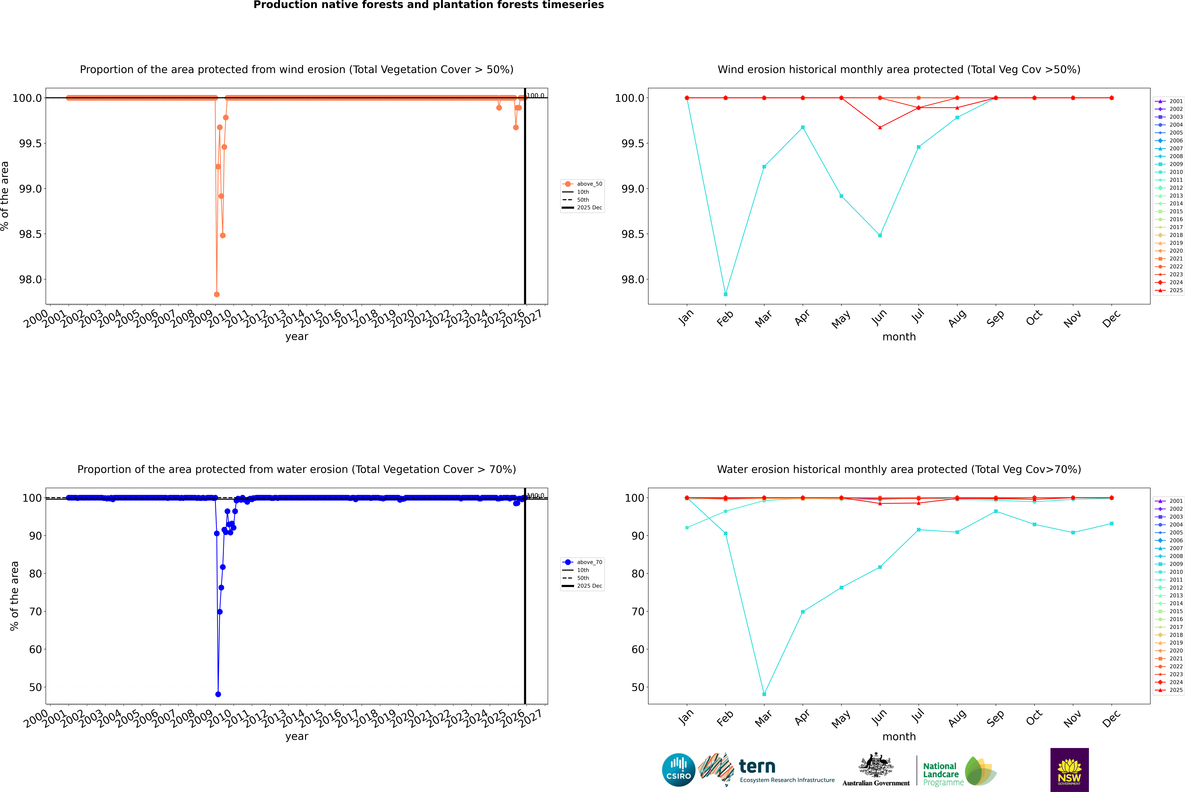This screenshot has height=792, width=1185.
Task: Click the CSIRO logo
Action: [678, 770]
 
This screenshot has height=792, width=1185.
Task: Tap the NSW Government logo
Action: [1069, 770]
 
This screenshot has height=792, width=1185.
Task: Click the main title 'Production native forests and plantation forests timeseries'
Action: [428, 5]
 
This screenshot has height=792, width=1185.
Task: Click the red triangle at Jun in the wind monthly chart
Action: [880, 127]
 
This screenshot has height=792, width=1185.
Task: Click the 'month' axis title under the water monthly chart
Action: [899, 736]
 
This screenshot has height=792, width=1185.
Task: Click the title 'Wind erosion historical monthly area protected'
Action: [899, 70]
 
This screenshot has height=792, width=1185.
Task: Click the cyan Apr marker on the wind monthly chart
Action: [803, 127]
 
